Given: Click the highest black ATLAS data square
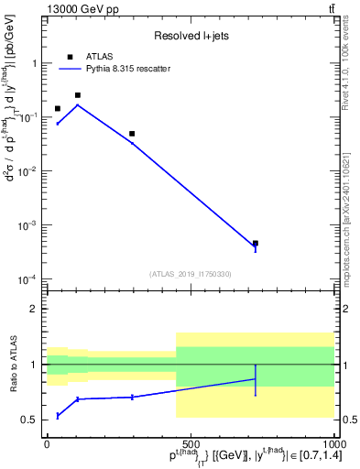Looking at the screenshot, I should [x=78, y=95].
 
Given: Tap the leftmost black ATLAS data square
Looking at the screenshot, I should [x=58, y=109].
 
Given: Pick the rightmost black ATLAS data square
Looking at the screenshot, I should [x=256, y=244].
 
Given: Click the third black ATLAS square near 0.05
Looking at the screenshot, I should [x=132, y=134].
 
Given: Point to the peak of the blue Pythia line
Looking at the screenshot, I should [x=78, y=104].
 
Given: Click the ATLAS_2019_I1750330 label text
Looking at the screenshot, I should [x=191, y=274].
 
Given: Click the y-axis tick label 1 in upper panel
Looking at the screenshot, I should [x=37, y=63].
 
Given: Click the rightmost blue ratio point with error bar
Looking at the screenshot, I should [x=256, y=379].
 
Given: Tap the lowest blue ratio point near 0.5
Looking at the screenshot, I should [x=58, y=416].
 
